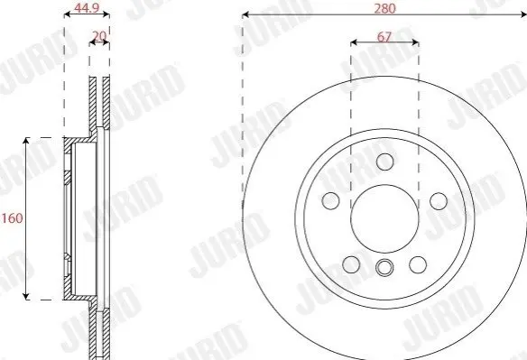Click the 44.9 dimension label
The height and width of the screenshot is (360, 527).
pyautogui.click(x=87, y=8)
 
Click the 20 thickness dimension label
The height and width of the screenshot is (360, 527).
pyautogui.click(x=99, y=35)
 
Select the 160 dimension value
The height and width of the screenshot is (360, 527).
pyautogui.click(x=12, y=218)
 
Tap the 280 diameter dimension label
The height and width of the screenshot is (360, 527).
pyautogui.click(x=384, y=9)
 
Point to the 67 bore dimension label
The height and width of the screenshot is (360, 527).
pyautogui.click(x=384, y=37)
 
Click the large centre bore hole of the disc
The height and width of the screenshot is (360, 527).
pyautogui.click(x=384, y=218)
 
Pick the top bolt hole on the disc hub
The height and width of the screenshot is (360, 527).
pyautogui.click(x=384, y=162)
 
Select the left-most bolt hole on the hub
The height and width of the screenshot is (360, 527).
pyautogui.click(x=330, y=200)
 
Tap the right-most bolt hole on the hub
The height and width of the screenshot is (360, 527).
pyautogui.click(x=439, y=201)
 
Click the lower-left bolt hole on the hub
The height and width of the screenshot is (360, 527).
pyautogui.click(x=351, y=264)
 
